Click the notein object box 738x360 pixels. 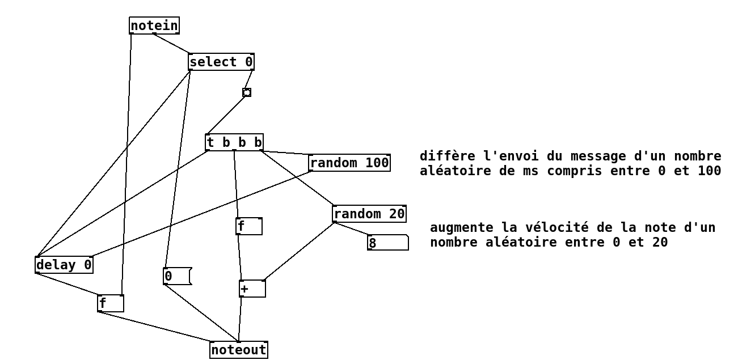click(154, 26)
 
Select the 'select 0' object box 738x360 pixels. click(221, 62)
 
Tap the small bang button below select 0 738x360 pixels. click(247, 92)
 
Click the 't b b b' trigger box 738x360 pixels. click(234, 142)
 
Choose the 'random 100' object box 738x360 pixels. click(349, 163)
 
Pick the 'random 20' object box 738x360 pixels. click(369, 214)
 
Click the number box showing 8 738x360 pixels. click(387, 243)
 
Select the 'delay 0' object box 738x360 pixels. click(64, 265)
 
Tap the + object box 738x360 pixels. click(252, 289)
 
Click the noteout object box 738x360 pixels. click(238, 350)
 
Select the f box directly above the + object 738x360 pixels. click(248, 226)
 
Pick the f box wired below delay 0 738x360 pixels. click(110, 303)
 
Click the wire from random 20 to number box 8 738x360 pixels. click(352, 228)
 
